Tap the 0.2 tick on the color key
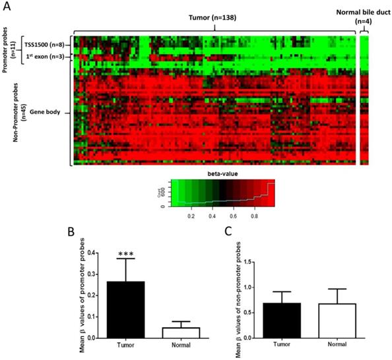(191, 215)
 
